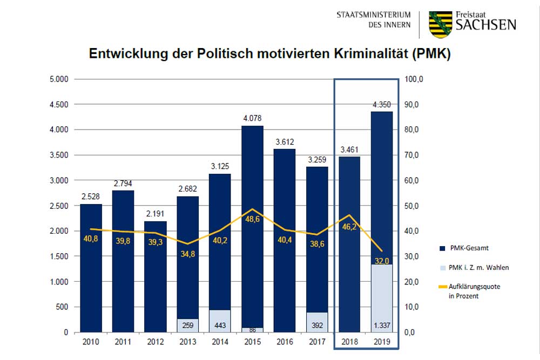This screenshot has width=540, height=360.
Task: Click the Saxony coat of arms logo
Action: coord(441,24)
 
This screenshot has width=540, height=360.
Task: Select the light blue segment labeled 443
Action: coord(220,321)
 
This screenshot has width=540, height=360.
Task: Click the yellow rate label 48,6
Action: coord(252,220)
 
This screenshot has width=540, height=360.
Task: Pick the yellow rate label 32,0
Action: coord(381,261)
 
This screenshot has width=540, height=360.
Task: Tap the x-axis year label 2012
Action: coord(155,342)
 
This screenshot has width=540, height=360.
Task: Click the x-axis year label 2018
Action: coord(349,342)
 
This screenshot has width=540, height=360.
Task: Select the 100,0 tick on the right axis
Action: coord(414,79)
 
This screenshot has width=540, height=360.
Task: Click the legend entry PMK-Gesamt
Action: coord(469,248)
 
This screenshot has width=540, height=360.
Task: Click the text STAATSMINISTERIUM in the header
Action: coord(373,15)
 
